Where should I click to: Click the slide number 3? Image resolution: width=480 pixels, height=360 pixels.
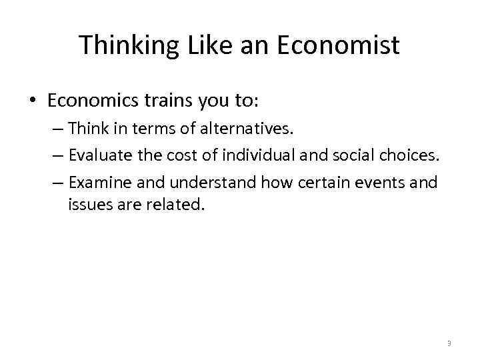[x=449, y=343]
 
